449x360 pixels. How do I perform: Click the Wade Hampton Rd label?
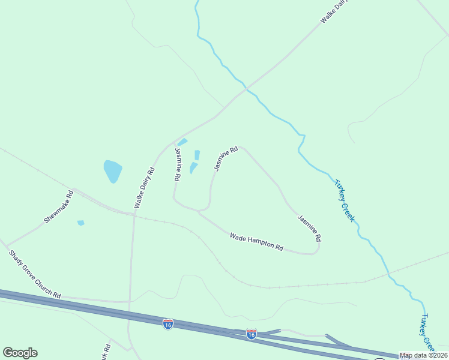pos(256,242)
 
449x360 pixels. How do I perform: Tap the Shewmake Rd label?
pos(58,207)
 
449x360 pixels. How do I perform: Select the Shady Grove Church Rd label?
pos(35,274)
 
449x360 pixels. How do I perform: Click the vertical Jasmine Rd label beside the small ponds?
pos(178,164)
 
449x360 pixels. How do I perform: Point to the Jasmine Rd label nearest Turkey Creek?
pos(309,229)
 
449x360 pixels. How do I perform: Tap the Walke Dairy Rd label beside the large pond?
pos(145,188)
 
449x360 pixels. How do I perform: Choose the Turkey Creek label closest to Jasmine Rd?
pos(344,200)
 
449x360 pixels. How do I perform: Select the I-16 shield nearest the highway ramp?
pos(252,334)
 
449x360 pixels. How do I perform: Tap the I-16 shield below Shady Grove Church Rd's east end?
pos(167,324)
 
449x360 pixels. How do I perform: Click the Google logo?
pos(20,353)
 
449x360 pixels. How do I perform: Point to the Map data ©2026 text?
pos(423,355)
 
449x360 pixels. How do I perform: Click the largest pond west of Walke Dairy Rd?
pos(112,170)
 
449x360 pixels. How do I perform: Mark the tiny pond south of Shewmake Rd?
pos(81,223)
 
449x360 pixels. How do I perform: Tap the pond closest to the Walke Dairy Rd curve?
pos(182,142)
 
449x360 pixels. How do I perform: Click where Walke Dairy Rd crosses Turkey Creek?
pos(246,89)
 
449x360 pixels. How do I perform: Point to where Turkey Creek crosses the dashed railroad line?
pos(388,277)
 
